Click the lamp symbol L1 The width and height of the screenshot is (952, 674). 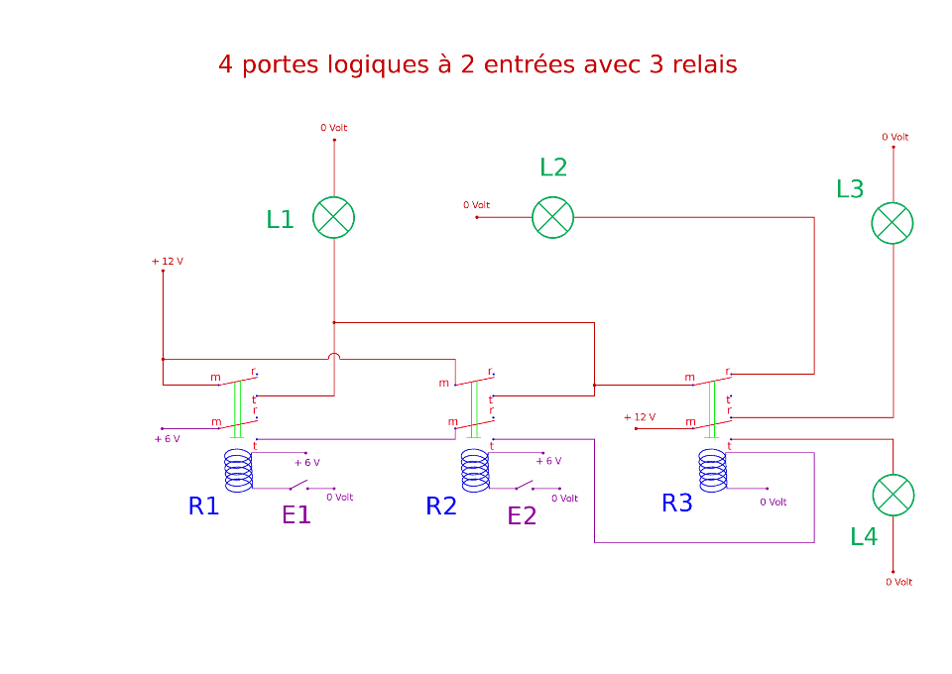pyautogui.click(x=333, y=217)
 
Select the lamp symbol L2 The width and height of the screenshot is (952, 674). pyautogui.click(x=553, y=217)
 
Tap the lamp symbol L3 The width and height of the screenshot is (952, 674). pyautogui.click(x=892, y=222)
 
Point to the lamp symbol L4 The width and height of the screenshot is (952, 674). pyautogui.click(x=892, y=496)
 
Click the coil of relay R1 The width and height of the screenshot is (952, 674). pyautogui.click(x=238, y=471)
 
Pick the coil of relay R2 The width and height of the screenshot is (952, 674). pyautogui.click(x=475, y=471)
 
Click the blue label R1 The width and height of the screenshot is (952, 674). pyautogui.click(x=203, y=506)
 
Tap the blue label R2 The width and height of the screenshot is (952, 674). pyautogui.click(x=441, y=506)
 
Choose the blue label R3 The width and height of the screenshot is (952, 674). pyautogui.click(x=677, y=504)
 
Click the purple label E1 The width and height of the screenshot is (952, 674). pyautogui.click(x=297, y=515)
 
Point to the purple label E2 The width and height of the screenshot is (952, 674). pyautogui.click(x=523, y=515)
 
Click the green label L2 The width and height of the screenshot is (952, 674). pyautogui.click(x=553, y=168)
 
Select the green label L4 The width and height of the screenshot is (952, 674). pyautogui.click(x=864, y=537)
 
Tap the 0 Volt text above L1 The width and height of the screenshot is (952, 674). pyautogui.click(x=333, y=128)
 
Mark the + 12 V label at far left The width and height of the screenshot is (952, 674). pyautogui.click(x=167, y=262)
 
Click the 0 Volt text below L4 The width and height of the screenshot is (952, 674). pyautogui.click(x=898, y=583)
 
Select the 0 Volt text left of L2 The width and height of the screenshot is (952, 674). pyautogui.click(x=476, y=205)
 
